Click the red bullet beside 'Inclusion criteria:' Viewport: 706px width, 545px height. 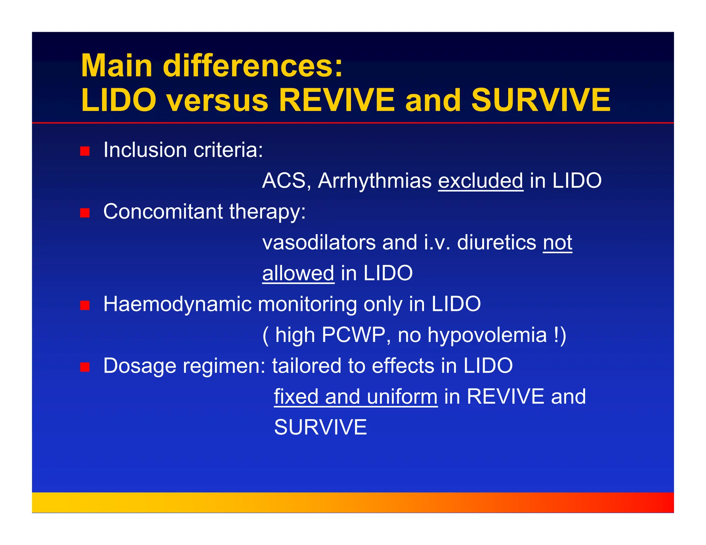pos(85,151)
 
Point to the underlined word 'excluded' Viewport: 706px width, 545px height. pos(481,181)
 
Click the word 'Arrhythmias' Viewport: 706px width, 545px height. pos(374,181)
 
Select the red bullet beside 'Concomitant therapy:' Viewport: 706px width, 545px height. pos(85,213)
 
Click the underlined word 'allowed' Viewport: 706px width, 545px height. pos(298,273)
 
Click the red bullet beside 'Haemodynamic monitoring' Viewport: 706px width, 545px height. pos(85,305)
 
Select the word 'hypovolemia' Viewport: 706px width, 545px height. pos(487,335)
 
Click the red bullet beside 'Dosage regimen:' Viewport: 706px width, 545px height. pos(85,367)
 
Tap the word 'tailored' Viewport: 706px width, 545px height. pos(306,366)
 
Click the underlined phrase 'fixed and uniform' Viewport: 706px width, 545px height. pos(355,397)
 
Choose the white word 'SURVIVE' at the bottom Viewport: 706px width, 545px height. pos(320,427)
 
